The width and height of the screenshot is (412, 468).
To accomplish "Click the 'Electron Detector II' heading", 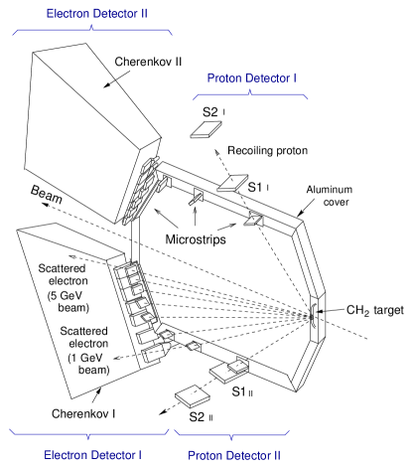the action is (96, 14).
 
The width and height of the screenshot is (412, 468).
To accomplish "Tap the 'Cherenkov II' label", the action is (148, 62).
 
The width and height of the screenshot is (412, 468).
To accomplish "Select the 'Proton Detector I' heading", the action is (251, 78).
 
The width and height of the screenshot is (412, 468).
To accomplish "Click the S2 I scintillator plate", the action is (206, 129).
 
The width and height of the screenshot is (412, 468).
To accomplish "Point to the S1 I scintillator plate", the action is (232, 183).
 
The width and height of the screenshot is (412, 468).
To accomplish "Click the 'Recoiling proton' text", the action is (267, 150).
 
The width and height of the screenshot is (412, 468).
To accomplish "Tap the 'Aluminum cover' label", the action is (330, 196).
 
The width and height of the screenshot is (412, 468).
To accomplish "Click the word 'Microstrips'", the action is (196, 239).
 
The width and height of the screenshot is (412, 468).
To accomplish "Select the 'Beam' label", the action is (47, 195).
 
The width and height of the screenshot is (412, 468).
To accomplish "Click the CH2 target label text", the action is (375, 310).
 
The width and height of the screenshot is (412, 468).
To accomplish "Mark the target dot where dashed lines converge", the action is (311, 317).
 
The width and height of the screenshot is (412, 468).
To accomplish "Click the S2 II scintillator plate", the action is (193, 396).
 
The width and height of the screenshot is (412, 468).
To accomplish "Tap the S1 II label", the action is (242, 391).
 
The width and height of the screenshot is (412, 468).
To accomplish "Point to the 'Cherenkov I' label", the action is (83, 413).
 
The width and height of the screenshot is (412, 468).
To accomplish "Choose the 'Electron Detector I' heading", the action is (92, 455).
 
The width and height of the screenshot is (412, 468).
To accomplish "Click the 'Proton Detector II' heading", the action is (234, 455).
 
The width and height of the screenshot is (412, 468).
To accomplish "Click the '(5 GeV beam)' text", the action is (69, 301).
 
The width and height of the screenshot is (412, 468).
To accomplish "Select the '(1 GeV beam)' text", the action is (88, 364).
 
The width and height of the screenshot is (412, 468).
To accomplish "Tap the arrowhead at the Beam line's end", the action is (45, 205).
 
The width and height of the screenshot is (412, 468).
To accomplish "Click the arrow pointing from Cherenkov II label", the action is (117, 79).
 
